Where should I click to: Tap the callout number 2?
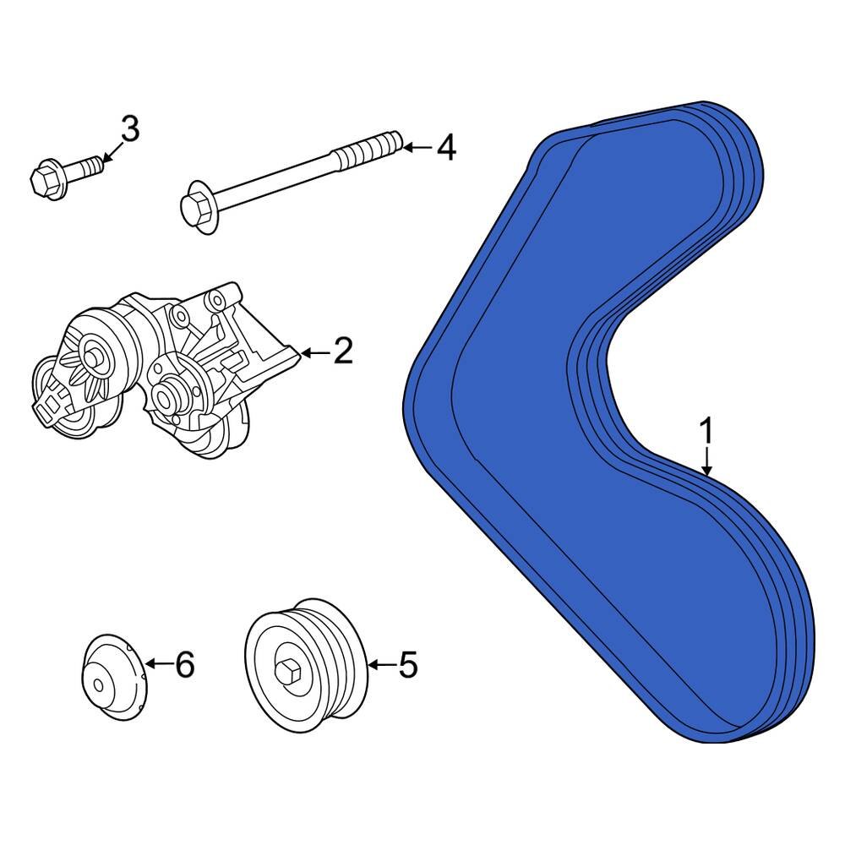342,351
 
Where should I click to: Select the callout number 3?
129,129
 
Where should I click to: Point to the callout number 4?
445,149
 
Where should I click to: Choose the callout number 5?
408,666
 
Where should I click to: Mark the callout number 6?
184,665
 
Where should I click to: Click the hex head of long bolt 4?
195,207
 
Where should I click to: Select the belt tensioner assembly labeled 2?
161,372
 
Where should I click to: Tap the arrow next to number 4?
415,149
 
